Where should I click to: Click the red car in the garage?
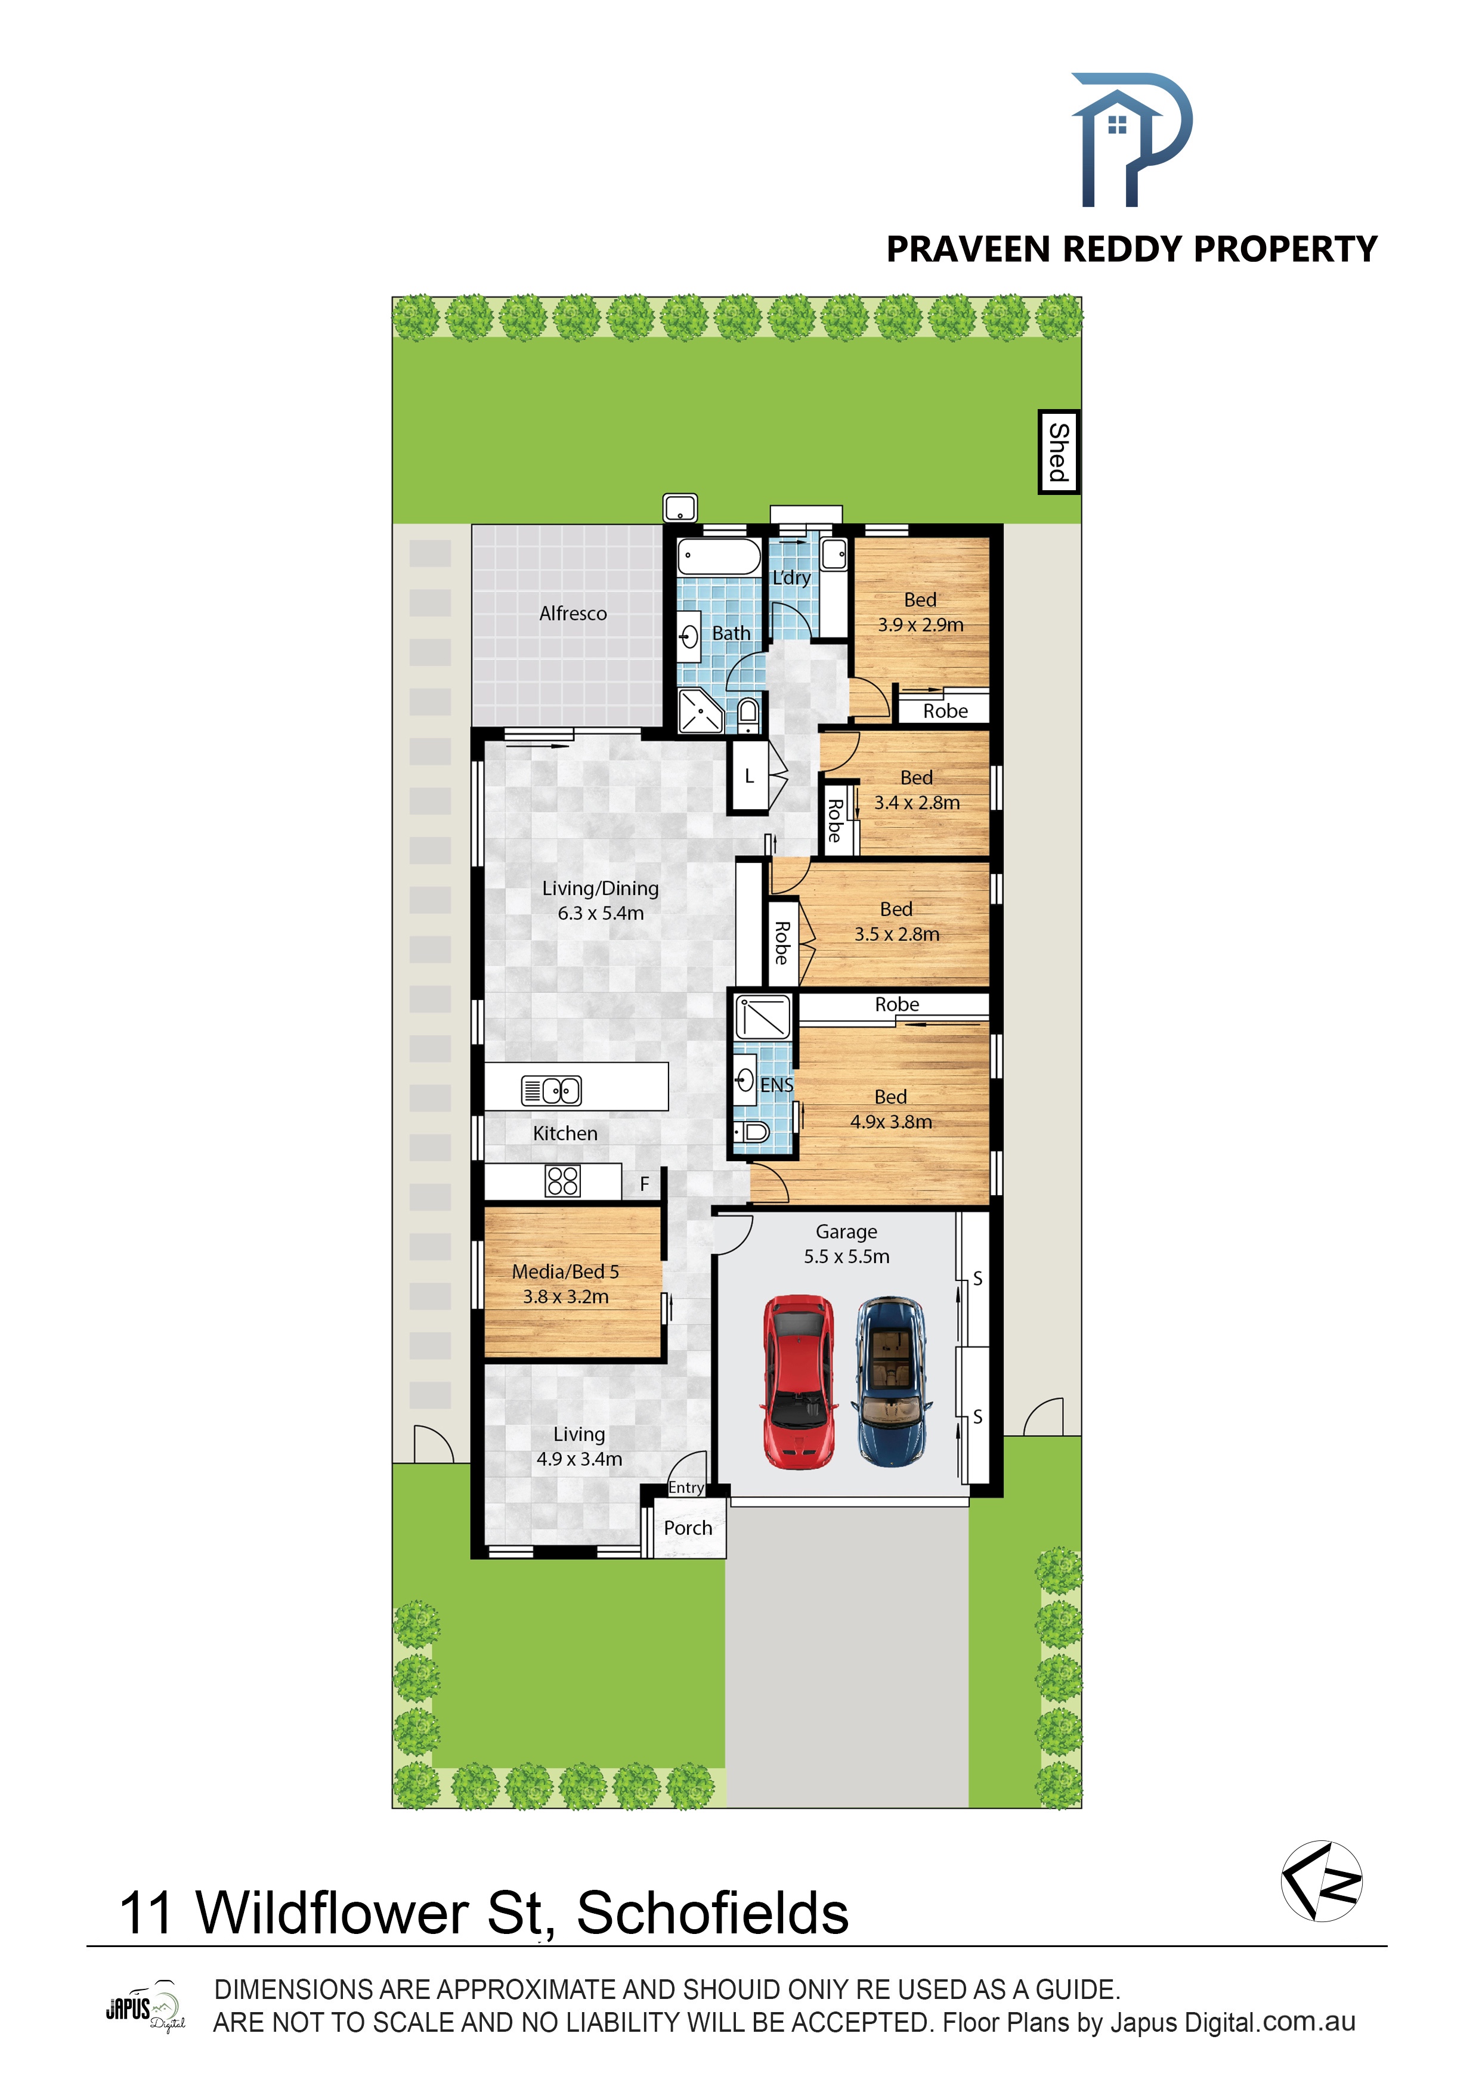[799, 1381]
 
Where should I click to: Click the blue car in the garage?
[891, 1381]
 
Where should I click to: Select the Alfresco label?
[573, 613]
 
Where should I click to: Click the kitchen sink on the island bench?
[551, 1090]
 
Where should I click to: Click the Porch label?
[688, 1528]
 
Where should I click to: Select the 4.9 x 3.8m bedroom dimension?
[891, 1122]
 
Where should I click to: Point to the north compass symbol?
[1322, 1881]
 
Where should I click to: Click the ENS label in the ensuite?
[776, 1085]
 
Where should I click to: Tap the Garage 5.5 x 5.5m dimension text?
[847, 1257]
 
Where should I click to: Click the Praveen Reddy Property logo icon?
[1131, 140]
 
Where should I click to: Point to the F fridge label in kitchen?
[644, 1184]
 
